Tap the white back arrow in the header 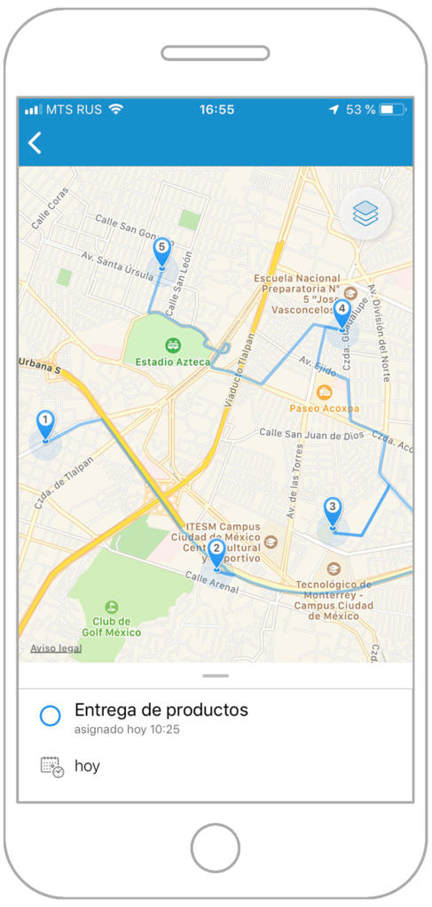pos(35,143)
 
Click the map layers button pos(365,213)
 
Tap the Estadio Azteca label pos(173,361)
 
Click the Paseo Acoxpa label pos(325,408)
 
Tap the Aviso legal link pos(56,648)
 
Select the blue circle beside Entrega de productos pos(51,716)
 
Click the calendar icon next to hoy pos(52,766)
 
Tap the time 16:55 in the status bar pos(216,110)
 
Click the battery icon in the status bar pos(391,110)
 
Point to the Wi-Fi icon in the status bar pos(116,109)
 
